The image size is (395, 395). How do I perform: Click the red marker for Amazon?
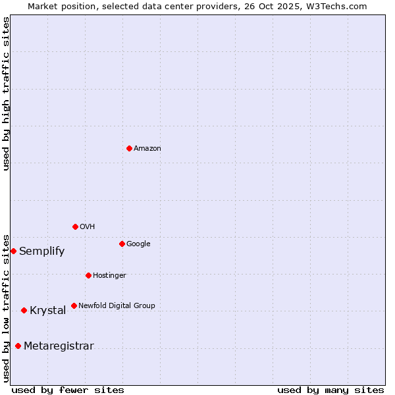point(129,148)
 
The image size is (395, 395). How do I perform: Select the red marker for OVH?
point(75,226)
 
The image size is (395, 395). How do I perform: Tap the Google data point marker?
point(122,244)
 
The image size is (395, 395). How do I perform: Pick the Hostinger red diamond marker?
point(88,275)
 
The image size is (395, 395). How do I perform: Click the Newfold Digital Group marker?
point(74,305)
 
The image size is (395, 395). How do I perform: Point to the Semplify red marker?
point(13,251)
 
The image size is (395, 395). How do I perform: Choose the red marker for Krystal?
point(24,310)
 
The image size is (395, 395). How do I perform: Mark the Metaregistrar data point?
point(18,346)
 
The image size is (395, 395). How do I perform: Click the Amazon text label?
point(147,149)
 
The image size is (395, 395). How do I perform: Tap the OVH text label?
point(88,227)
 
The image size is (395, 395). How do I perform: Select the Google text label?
point(138,244)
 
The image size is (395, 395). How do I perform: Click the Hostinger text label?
point(109,275)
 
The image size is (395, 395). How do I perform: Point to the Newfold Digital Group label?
point(117,305)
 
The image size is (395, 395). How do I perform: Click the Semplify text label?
point(41,251)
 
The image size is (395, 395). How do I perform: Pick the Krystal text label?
point(47,311)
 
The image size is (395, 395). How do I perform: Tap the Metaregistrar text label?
point(59,346)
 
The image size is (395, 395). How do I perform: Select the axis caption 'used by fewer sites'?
point(68,390)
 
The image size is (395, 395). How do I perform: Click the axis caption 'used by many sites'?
point(330,390)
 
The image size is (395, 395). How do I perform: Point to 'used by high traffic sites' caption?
point(7,93)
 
